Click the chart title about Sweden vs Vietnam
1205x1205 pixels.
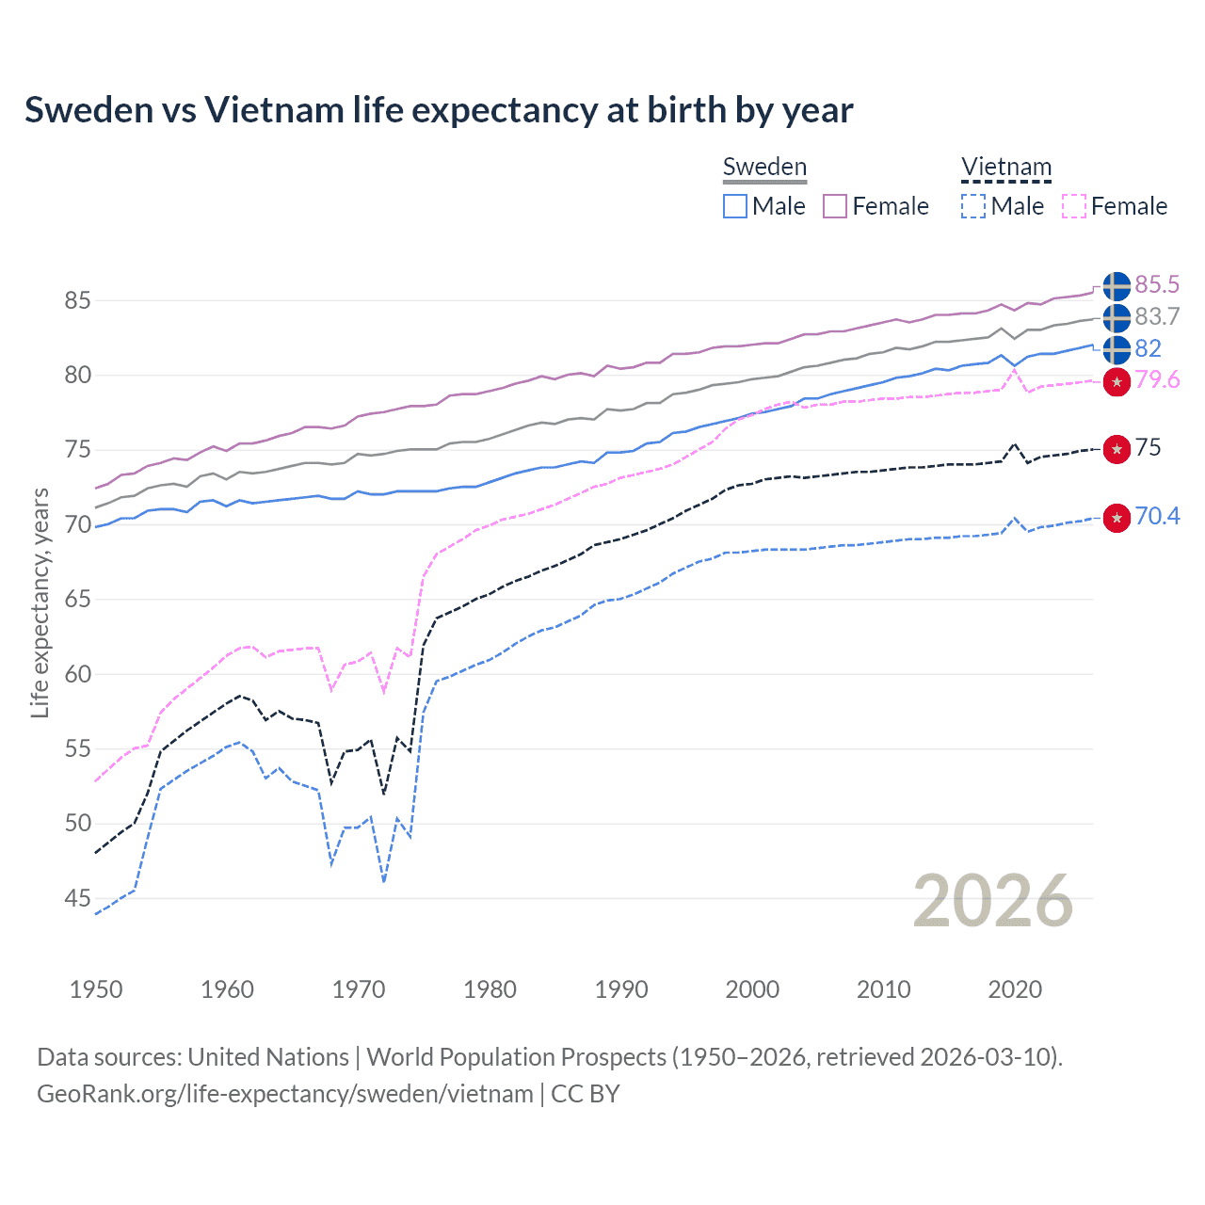[439, 110]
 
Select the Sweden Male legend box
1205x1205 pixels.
[735, 206]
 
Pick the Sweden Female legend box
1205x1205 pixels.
[835, 206]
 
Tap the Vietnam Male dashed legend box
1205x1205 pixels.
[973, 206]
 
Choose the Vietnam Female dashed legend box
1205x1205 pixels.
[1074, 206]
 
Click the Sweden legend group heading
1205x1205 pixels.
[764, 168]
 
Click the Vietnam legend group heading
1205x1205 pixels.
[1005, 168]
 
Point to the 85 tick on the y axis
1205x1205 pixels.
[77, 301]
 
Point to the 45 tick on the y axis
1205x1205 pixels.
[77, 899]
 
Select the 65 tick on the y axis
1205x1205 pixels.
[77, 600]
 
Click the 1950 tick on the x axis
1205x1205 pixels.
[96, 989]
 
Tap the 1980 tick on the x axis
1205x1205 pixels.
[490, 989]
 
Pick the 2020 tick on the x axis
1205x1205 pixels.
[1015, 989]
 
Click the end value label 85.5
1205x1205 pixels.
[1157, 285]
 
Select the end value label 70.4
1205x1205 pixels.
[1157, 517]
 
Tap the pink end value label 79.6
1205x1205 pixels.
[1157, 380]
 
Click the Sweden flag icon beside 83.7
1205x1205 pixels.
[1117, 318]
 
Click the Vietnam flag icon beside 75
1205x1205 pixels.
[1117, 449]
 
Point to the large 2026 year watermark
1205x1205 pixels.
[992, 901]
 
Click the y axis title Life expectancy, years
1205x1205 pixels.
[40, 602]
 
